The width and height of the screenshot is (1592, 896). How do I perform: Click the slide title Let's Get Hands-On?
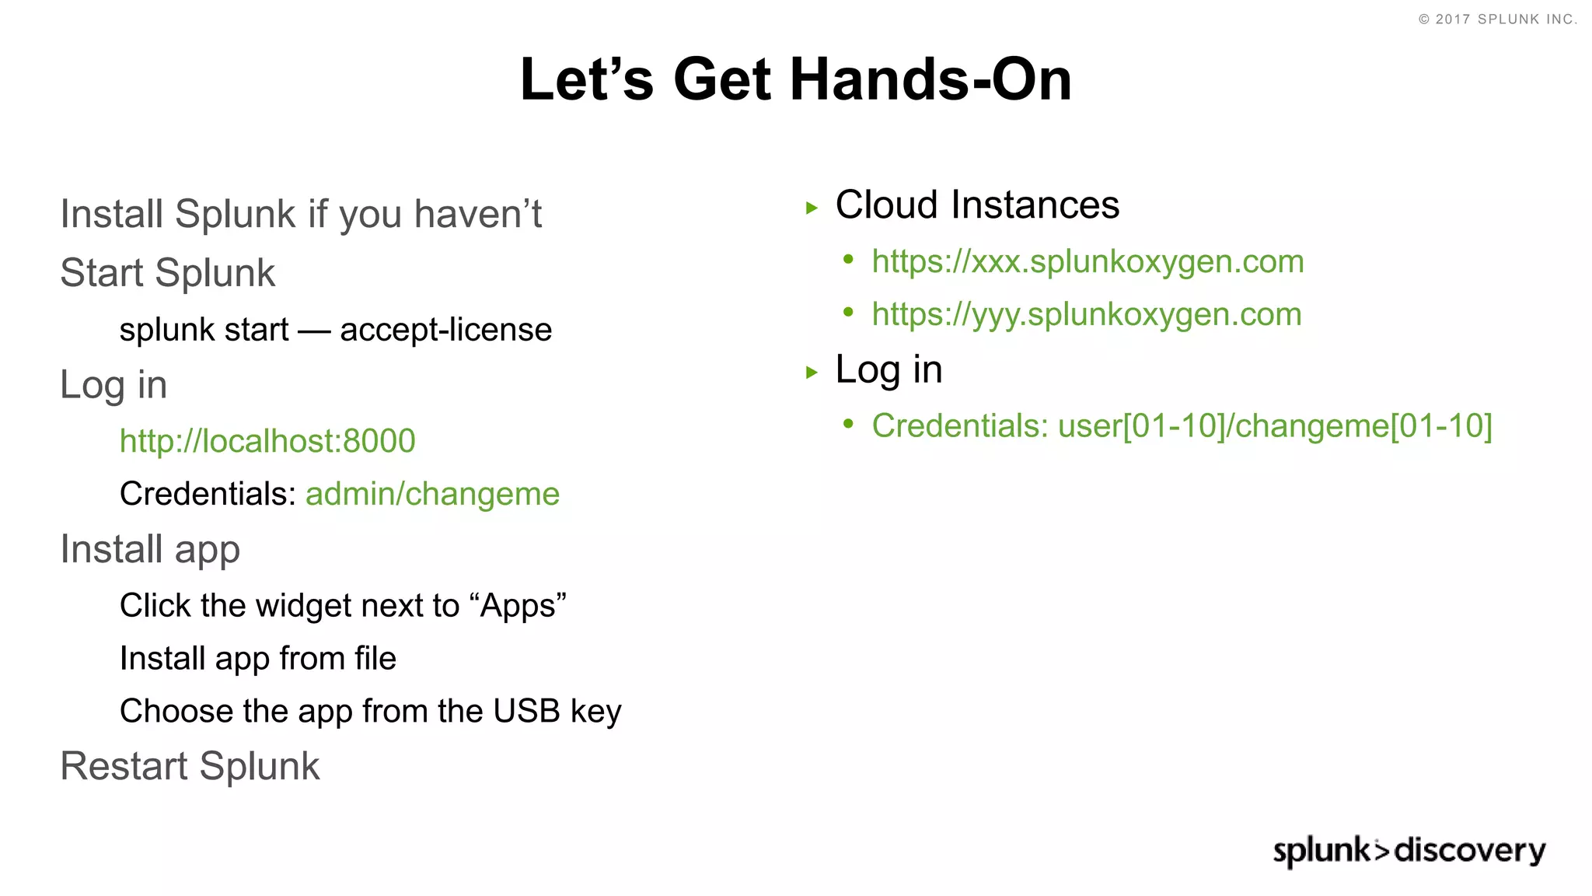796,80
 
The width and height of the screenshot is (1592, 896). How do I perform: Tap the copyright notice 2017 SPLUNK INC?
1498,19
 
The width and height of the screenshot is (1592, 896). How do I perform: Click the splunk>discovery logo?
1409,850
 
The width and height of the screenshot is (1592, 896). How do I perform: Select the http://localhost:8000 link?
267,441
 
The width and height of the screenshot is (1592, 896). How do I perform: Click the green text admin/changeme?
432,494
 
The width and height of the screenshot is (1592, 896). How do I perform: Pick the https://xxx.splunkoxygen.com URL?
1088,261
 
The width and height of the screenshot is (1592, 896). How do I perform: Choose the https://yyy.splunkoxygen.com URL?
1086,314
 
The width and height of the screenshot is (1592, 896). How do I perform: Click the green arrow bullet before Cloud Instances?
812,208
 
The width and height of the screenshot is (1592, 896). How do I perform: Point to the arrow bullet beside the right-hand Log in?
812,373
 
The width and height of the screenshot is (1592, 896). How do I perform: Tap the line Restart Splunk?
190,766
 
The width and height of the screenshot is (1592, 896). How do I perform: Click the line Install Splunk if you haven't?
301,214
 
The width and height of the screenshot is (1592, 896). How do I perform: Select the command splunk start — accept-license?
335,330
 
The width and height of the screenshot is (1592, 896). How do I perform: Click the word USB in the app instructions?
526,711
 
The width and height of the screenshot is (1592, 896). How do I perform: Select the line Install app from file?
257,659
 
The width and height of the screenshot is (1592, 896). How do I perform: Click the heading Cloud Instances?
977,205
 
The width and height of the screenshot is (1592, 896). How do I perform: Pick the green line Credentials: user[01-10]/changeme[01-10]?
1182,426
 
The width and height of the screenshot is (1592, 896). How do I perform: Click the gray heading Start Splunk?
167,273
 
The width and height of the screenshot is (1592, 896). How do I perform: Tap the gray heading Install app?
150,549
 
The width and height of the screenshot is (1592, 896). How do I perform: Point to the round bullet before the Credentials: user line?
848,424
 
